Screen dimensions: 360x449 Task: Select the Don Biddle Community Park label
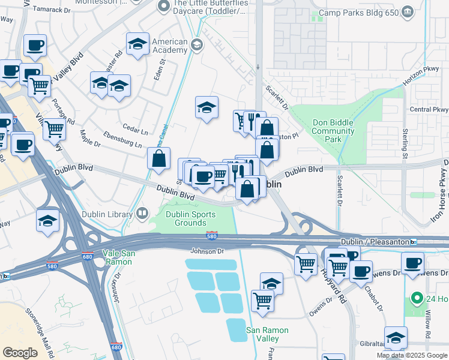coord(333,131)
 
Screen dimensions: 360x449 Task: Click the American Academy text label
coord(169,46)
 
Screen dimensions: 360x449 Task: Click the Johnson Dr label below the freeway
coord(206,251)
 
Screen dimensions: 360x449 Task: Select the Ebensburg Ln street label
coord(122,139)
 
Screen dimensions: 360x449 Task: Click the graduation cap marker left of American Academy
coord(138,43)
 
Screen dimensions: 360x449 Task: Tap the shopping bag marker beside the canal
coord(158,159)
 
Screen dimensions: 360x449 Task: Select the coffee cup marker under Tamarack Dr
coord(35,45)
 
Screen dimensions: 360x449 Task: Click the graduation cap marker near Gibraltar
coord(396,337)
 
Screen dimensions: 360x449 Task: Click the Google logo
coord(20,352)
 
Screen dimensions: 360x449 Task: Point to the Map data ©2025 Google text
coord(412,355)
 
